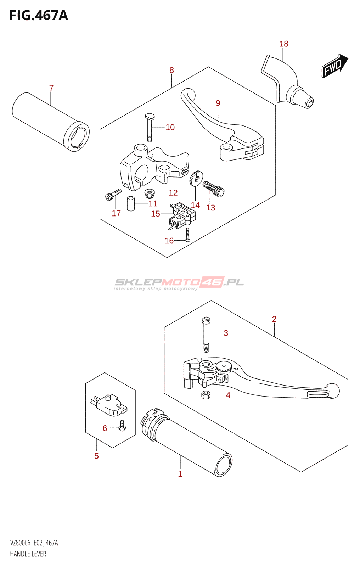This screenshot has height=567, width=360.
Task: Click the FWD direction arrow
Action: point(334,66)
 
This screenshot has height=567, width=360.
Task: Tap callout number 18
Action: point(284,44)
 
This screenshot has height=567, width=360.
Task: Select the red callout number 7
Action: point(51,88)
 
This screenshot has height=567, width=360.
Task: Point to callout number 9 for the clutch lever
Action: point(218,103)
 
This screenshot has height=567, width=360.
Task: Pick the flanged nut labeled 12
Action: point(150,193)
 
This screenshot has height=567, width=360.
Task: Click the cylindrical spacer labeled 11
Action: point(131,204)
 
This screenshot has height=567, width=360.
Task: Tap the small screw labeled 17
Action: point(113,194)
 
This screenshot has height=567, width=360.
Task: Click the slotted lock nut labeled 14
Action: point(196,178)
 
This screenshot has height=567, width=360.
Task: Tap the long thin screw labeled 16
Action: point(188,235)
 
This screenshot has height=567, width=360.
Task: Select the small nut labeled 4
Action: point(206,394)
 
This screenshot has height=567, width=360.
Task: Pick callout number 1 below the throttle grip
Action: point(180,474)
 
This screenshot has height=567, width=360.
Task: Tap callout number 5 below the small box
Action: point(96,456)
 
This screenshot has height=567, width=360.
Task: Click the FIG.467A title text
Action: point(39,16)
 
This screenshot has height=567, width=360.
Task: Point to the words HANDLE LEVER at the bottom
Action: point(28,554)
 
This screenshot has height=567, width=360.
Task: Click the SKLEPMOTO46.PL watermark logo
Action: point(179,283)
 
